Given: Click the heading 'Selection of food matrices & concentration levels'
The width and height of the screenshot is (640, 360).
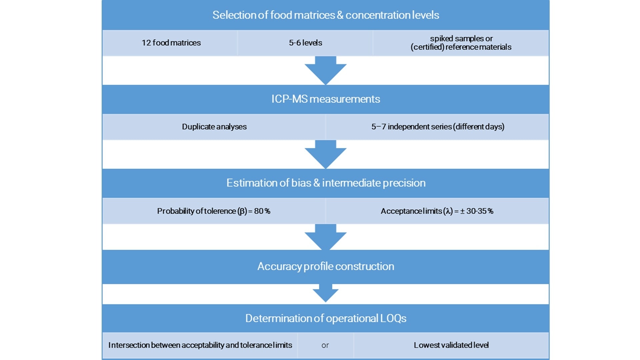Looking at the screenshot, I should point(325,15).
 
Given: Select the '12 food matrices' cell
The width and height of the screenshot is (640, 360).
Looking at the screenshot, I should point(171,43).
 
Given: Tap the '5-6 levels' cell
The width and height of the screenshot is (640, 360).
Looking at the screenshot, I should point(305,43).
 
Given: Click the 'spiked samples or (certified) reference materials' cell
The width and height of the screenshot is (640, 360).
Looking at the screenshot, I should point(461,43).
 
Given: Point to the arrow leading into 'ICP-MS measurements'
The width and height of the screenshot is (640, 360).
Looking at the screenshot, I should point(325,70).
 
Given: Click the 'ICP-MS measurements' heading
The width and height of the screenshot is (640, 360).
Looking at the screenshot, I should point(325,99).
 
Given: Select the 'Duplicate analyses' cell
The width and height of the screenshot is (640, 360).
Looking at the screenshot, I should point(214,127).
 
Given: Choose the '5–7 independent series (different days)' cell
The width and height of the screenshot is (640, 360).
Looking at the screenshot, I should point(437,127).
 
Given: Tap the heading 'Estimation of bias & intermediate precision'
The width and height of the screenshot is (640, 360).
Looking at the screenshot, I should point(325,183).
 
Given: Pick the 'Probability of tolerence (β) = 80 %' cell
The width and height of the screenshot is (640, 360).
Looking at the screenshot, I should point(213,211).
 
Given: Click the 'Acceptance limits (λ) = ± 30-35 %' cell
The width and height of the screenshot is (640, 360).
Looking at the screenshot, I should point(437,211).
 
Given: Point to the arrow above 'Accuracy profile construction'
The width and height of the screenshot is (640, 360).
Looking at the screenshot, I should point(325,237).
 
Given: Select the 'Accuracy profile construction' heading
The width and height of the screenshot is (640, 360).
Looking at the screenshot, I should point(325,266).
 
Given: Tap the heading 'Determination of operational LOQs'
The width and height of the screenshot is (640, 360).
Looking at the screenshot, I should point(325,318).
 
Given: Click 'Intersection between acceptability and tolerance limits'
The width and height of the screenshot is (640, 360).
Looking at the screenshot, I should point(200,345).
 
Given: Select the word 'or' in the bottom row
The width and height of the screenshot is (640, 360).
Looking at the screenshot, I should point(325,346).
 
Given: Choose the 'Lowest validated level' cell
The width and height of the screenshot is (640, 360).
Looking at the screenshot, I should point(451,345).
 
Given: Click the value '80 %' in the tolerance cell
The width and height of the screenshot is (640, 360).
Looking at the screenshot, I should point(262,211).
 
